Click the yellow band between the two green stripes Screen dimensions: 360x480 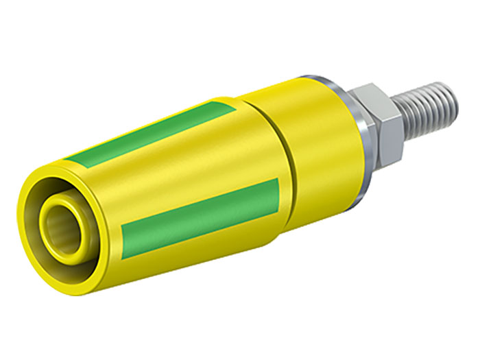(171, 175)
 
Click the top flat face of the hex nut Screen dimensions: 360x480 (370, 93)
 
